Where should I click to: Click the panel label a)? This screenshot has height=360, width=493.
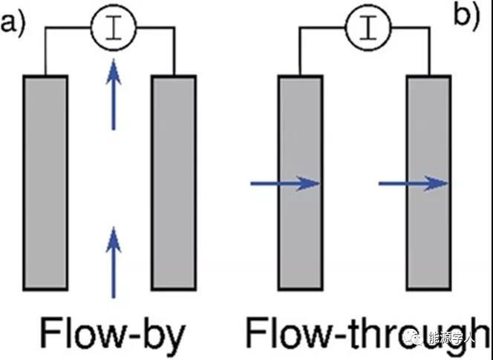point(13,24)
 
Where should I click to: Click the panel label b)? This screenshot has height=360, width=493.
point(467,16)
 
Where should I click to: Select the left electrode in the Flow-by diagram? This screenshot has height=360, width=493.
point(46,182)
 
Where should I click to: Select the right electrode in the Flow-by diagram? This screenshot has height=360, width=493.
point(174,182)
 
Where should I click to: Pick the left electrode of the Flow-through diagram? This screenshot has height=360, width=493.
point(300,182)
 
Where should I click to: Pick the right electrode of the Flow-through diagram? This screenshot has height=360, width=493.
point(428,182)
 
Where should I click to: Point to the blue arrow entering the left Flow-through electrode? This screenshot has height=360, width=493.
point(285,183)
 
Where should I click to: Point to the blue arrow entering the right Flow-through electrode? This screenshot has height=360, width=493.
point(413,183)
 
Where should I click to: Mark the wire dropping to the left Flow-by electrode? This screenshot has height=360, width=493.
point(45,52)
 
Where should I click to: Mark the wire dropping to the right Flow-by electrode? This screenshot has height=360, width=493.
point(174,52)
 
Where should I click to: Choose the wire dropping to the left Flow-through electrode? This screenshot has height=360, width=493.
point(300,52)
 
